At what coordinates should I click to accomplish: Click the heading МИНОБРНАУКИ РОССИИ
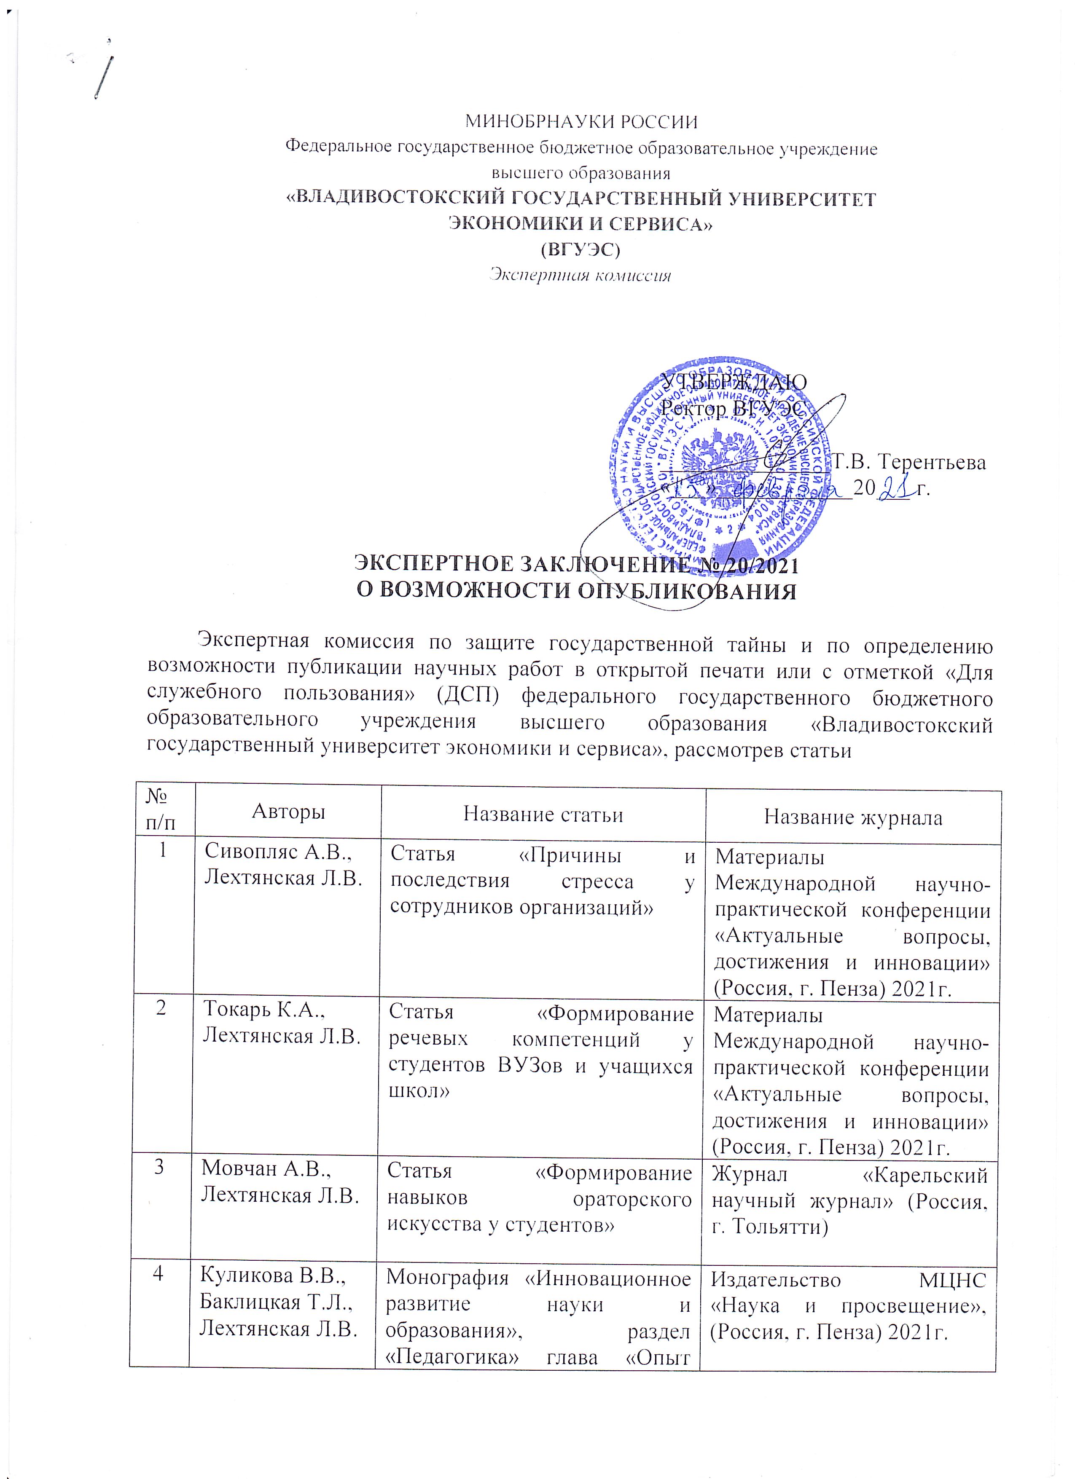click(x=580, y=122)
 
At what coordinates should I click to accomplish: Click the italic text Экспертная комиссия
click(x=580, y=275)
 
